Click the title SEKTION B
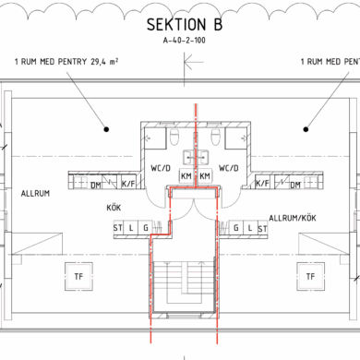click(185, 25)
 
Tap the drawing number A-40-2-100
click(185, 41)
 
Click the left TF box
click(78, 276)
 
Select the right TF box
click(310, 276)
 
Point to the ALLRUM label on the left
click(35, 194)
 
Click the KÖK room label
click(114, 208)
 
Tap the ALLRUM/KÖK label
click(293, 218)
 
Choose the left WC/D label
click(161, 168)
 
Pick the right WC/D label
click(229, 168)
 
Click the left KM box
click(186, 176)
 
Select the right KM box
click(205, 176)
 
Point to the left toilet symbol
click(174, 137)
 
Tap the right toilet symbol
click(216, 137)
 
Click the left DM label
click(96, 186)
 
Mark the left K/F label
click(128, 184)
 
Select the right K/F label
click(262, 184)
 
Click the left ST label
click(118, 228)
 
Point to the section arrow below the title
click(194, 62)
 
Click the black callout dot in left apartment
click(106, 129)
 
